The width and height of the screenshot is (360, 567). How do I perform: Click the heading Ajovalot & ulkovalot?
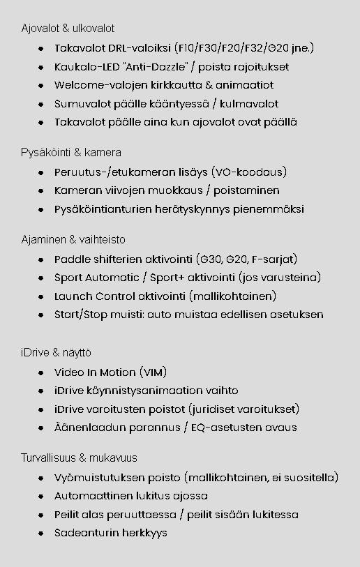(68, 29)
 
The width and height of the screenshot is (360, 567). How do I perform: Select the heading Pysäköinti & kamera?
(71, 152)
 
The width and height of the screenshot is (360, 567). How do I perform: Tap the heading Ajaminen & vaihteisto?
(73, 239)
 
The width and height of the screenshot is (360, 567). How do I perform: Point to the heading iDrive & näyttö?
(56, 353)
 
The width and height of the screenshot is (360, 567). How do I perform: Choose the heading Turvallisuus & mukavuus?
(79, 458)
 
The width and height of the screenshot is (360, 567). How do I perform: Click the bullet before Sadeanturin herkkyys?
(41, 533)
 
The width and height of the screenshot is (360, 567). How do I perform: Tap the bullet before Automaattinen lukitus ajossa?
(41, 497)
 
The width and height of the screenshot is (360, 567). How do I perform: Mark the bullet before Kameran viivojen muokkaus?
(41, 191)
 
